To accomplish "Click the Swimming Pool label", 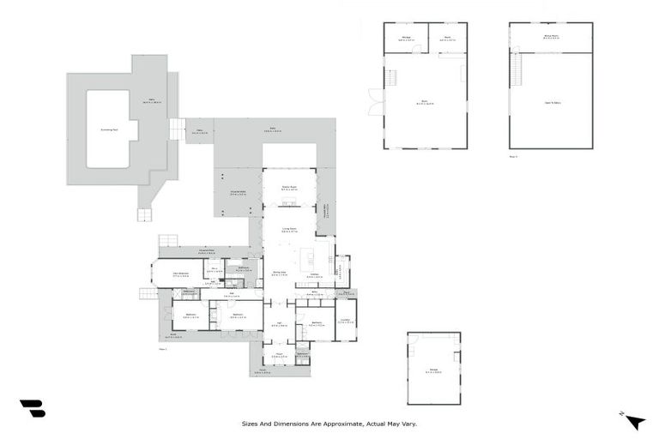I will pyautogui.click(x=107, y=129).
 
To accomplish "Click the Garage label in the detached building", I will pyautogui.click(x=433, y=371).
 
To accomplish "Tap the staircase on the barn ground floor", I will pyautogui.click(x=392, y=77).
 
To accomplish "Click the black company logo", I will pyautogui.click(x=32, y=408).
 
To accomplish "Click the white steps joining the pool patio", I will pyautogui.click(x=177, y=129).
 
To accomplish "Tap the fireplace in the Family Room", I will pyautogui.click(x=289, y=204).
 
